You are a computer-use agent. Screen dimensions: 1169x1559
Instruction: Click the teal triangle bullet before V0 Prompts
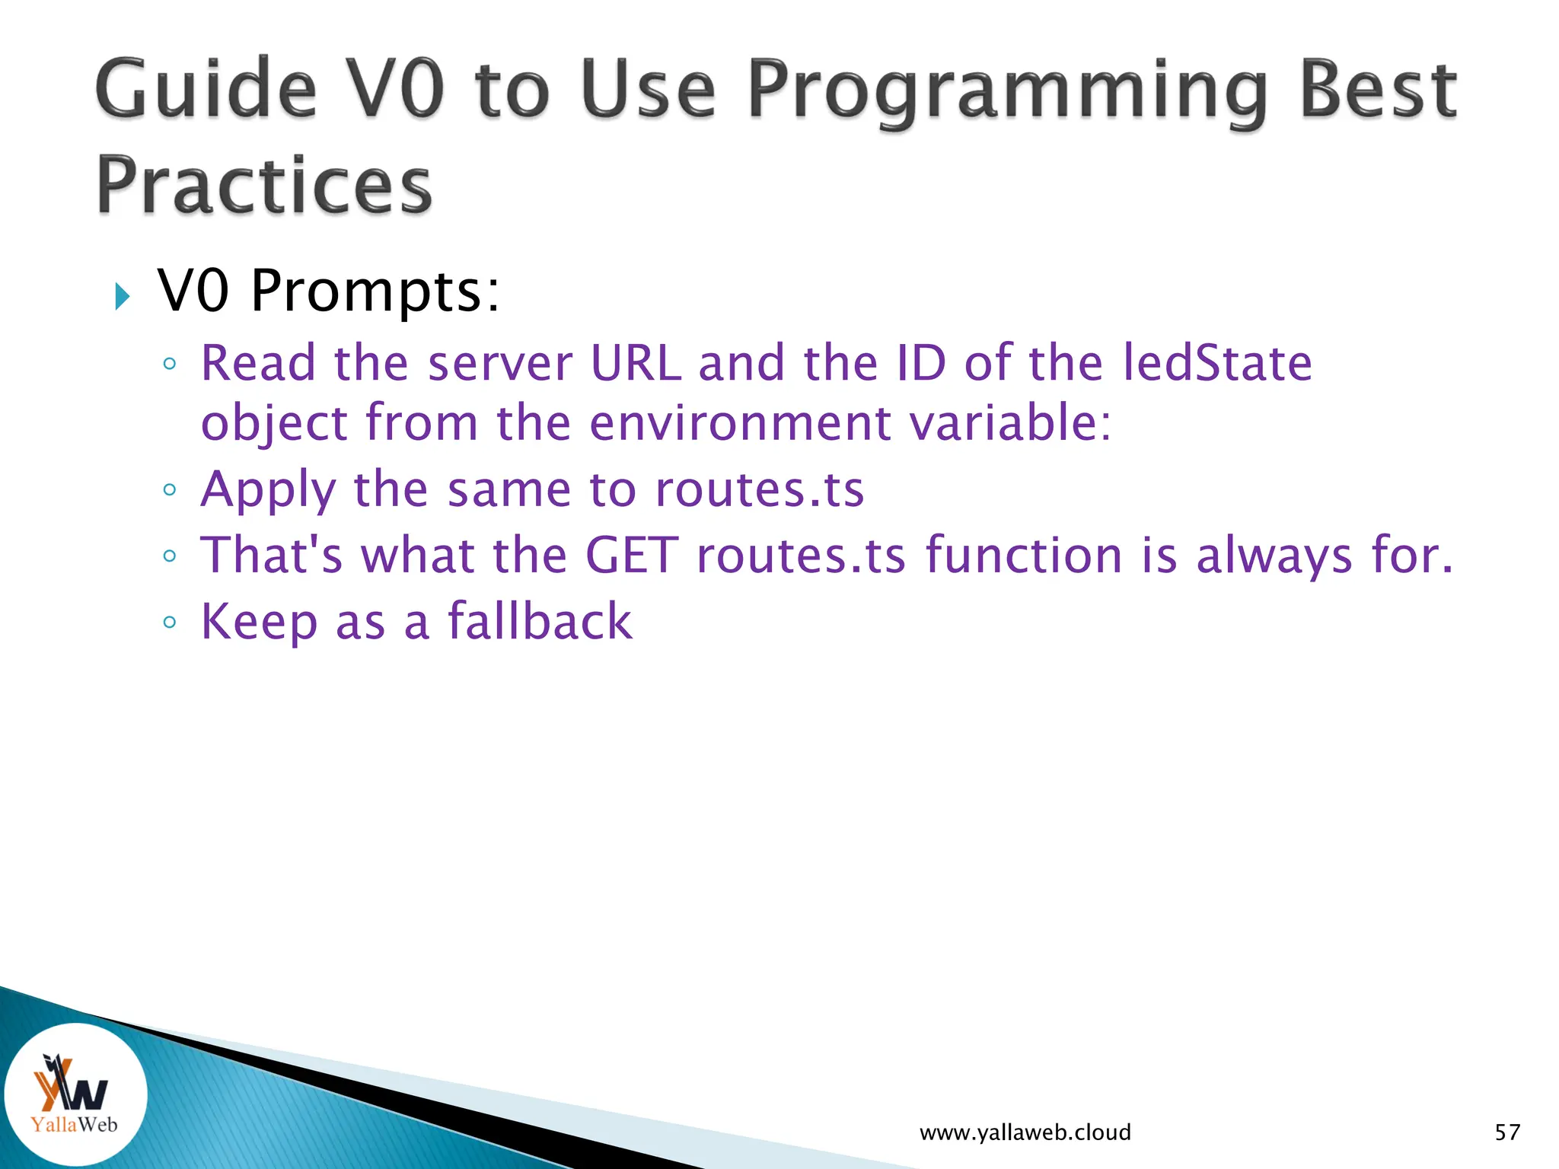(x=122, y=296)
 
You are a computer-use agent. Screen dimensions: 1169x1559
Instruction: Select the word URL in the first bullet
(x=636, y=363)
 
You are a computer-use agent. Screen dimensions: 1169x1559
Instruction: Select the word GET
(x=631, y=555)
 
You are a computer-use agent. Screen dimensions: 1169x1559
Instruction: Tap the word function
(x=1024, y=555)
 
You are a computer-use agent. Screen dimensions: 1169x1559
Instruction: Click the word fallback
(x=539, y=621)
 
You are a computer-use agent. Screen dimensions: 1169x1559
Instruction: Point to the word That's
(x=272, y=555)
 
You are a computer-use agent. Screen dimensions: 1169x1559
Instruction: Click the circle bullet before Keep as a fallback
(x=170, y=623)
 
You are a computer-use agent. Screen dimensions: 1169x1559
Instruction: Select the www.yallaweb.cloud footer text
(x=1025, y=1132)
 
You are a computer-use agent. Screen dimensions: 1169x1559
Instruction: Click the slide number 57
(x=1507, y=1132)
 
